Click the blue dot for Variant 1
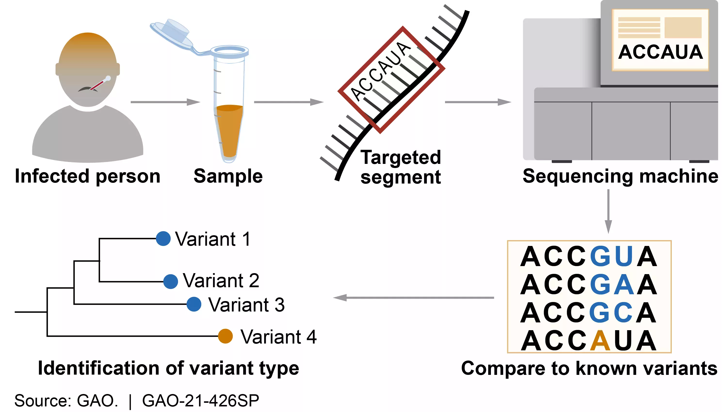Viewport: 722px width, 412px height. [x=163, y=239]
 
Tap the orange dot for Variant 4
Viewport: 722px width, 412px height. [x=225, y=336]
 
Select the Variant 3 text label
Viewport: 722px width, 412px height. [x=246, y=305]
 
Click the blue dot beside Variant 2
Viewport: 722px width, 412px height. [x=170, y=282]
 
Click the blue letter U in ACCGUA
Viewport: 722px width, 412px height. [x=624, y=256]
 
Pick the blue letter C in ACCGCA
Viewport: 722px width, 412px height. [x=623, y=313]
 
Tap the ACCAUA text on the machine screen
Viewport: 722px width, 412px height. [x=660, y=52]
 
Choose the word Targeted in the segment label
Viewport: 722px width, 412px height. [x=400, y=157]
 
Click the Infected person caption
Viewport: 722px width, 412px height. [x=88, y=176]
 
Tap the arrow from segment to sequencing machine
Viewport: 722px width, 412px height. [x=478, y=102]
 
